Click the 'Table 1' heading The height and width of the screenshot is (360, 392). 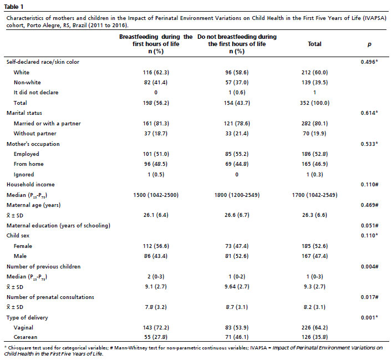[x=14, y=7]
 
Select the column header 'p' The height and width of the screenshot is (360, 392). [x=369, y=44]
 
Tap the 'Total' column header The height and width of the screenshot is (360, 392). [x=314, y=44]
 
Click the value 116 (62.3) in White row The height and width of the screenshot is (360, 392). [x=156, y=73]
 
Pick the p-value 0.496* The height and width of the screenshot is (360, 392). [x=369, y=62]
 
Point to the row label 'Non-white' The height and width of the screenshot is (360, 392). [x=27, y=83]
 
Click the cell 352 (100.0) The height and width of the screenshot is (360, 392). [x=314, y=103]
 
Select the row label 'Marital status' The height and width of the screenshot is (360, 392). [x=24, y=113]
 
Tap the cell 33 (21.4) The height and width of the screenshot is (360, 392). [x=237, y=134]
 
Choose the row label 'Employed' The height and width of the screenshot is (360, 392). [x=27, y=154]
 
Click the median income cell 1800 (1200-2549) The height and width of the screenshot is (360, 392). [x=237, y=195]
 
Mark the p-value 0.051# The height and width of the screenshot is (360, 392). [x=369, y=225]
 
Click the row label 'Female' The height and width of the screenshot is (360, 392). [x=23, y=246]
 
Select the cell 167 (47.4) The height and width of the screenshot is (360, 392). [x=314, y=256]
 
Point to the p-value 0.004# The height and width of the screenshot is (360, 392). [x=369, y=266]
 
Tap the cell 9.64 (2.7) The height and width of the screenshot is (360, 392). [x=237, y=287]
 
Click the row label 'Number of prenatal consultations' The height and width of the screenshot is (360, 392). [x=50, y=297]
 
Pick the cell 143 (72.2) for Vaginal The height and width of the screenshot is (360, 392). [x=156, y=328]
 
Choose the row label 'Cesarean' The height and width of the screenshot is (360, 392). [x=26, y=337]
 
